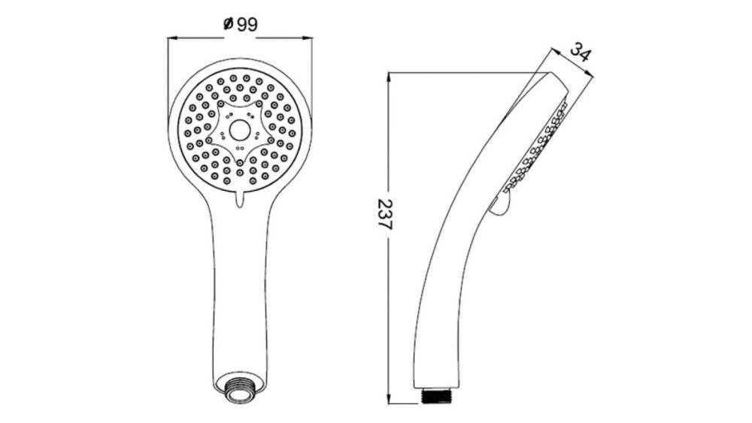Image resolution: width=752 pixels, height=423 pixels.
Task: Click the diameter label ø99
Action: coord(241,24)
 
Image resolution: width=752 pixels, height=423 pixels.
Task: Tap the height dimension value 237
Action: coord(384,214)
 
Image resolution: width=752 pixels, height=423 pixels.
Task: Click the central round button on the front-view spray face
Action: coord(239,130)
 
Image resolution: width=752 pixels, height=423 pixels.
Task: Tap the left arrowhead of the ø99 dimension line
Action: coord(171,38)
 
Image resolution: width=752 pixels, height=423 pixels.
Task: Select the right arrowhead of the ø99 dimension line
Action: coord(307,38)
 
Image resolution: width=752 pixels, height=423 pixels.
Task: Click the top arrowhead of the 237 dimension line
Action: coord(389,77)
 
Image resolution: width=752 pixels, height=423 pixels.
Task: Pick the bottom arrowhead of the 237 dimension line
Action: coord(389,399)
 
